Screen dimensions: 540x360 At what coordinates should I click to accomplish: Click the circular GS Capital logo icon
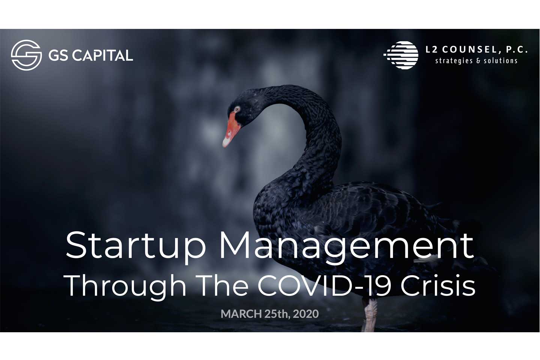tap(26, 55)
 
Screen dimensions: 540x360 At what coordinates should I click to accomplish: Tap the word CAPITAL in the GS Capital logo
tap(102, 55)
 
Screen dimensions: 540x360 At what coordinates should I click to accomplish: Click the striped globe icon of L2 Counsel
tap(401, 55)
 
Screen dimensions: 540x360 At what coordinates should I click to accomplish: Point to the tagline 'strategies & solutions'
tap(476, 61)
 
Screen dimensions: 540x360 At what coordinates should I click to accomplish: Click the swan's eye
tap(237, 109)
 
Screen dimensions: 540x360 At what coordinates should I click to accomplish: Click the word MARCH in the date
tap(241, 314)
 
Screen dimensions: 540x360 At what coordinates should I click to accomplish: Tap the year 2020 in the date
tap(306, 314)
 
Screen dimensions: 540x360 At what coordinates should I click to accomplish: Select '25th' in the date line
tap(277, 314)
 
